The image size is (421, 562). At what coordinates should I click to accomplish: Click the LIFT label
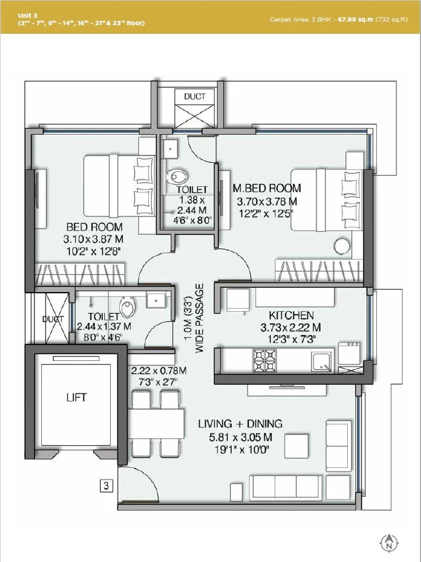click(76, 397)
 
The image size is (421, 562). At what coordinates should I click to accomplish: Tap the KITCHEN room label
click(283, 315)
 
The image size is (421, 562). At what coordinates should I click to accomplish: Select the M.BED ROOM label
click(266, 188)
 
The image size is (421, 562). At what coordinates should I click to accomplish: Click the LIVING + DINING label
click(240, 424)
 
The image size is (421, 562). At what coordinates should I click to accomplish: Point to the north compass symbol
click(388, 543)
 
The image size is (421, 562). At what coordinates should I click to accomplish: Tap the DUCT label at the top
click(195, 97)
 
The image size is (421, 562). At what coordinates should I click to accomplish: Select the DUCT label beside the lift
click(53, 319)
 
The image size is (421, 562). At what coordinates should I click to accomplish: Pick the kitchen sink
click(321, 361)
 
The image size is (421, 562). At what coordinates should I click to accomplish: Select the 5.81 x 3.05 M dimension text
click(240, 438)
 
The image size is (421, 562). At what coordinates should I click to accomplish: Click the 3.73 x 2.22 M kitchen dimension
click(283, 327)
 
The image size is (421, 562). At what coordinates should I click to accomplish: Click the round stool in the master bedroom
click(342, 245)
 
